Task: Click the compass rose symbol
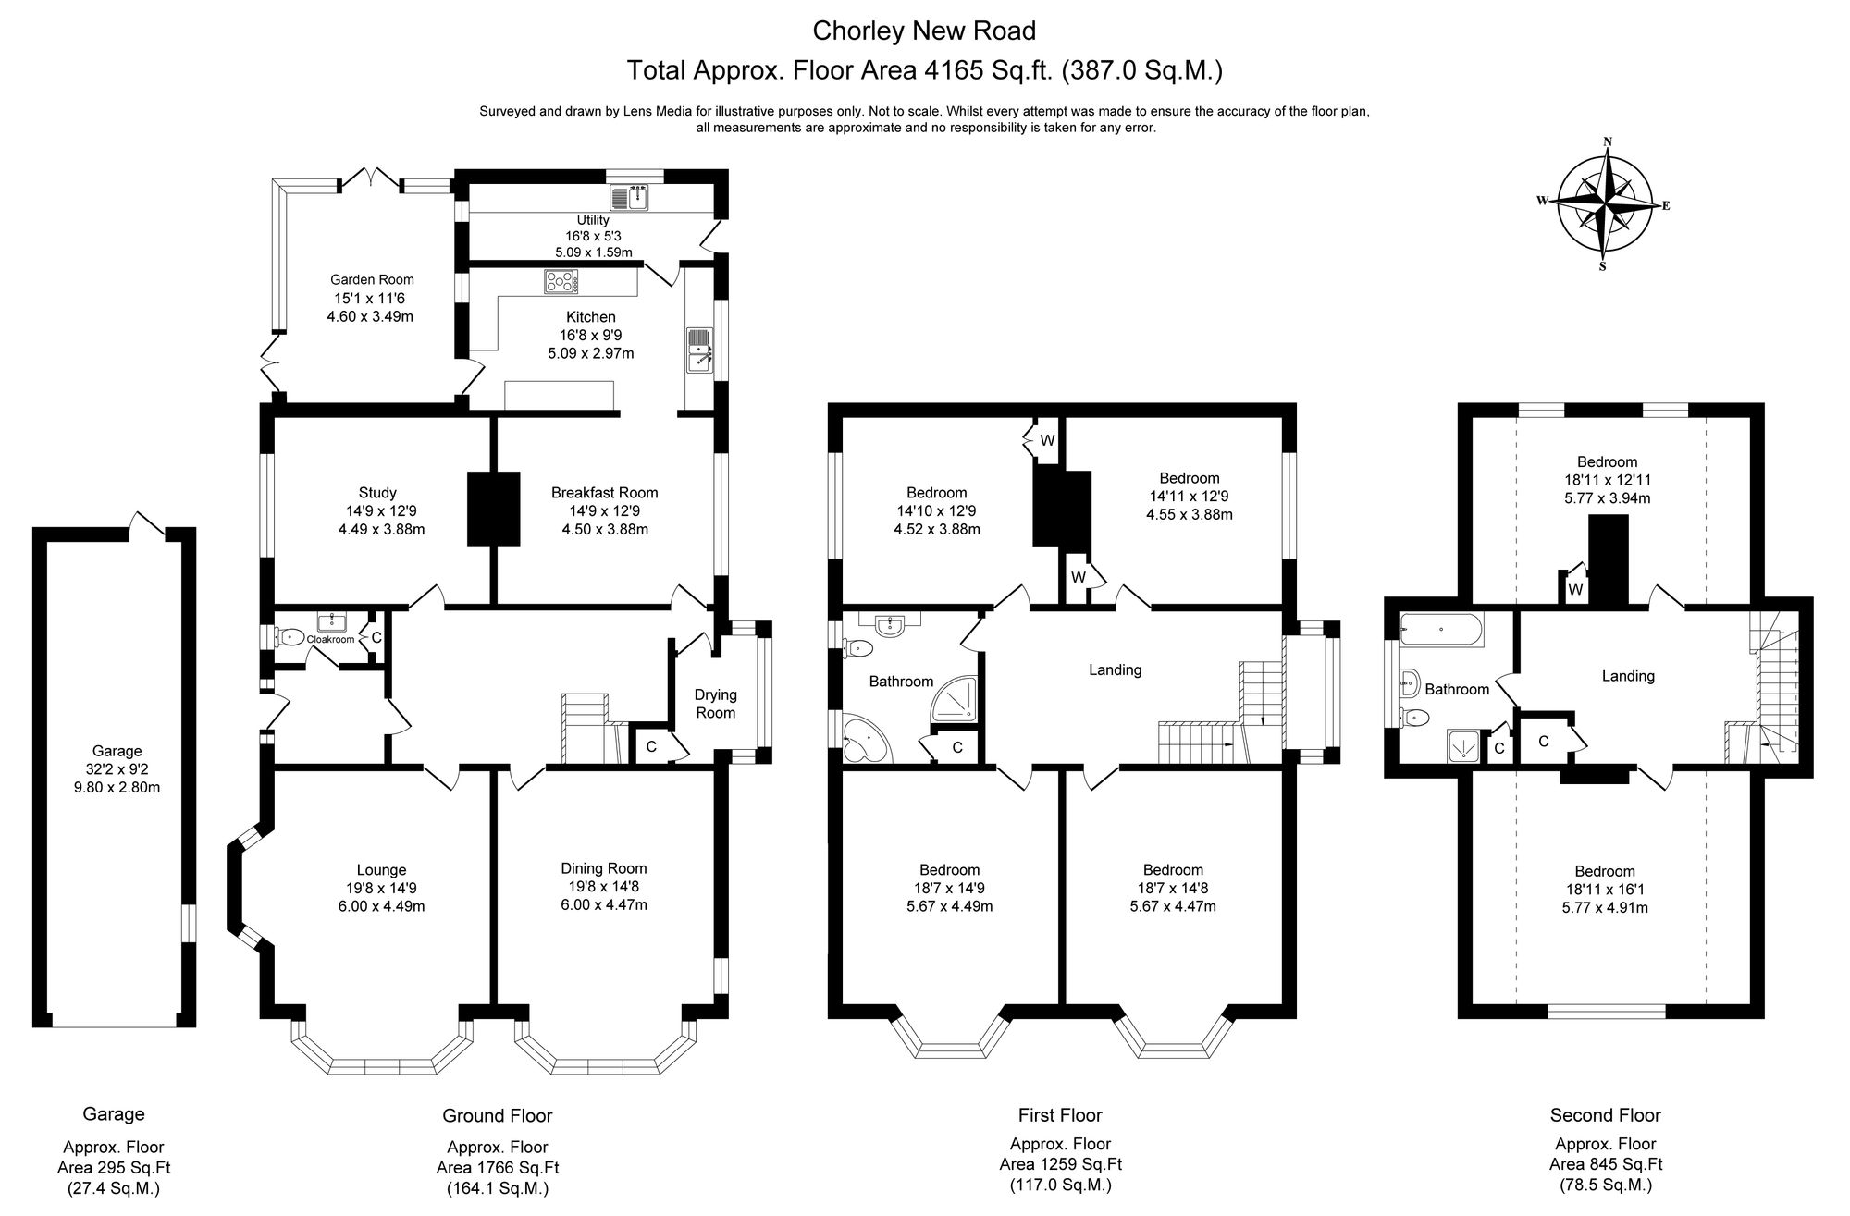click(1608, 204)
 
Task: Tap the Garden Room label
click(372, 279)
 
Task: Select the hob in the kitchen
click(560, 281)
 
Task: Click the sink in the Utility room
click(632, 197)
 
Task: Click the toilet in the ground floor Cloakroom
click(290, 636)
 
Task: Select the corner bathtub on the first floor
click(867, 740)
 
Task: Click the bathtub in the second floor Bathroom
click(1441, 630)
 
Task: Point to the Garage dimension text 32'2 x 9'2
click(117, 769)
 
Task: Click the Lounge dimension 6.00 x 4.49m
click(381, 905)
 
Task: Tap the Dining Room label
click(603, 868)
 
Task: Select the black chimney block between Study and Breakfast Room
click(494, 508)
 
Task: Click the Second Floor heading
click(1605, 1115)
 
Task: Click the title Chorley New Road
click(923, 31)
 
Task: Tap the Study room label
click(377, 493)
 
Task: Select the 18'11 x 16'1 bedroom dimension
click(1605, 890)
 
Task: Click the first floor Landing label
click(1115, 669)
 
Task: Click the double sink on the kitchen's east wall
click(698, 350)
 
